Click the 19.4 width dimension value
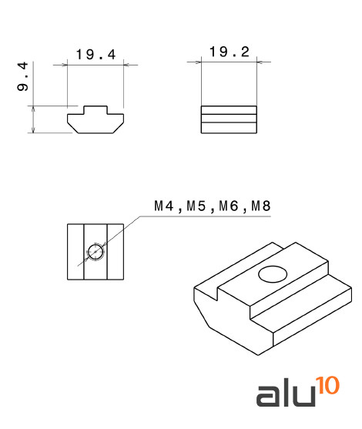coord(96,55)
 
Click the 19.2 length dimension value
coord(230,52)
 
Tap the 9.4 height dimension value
coord(22,76)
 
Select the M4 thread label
coord(164,206)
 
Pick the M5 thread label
coord(196,206)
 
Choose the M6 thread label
coord(228,206)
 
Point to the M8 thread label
coord(261,206)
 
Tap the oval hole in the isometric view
coord(273,274)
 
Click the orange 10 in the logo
coord(327,385)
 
